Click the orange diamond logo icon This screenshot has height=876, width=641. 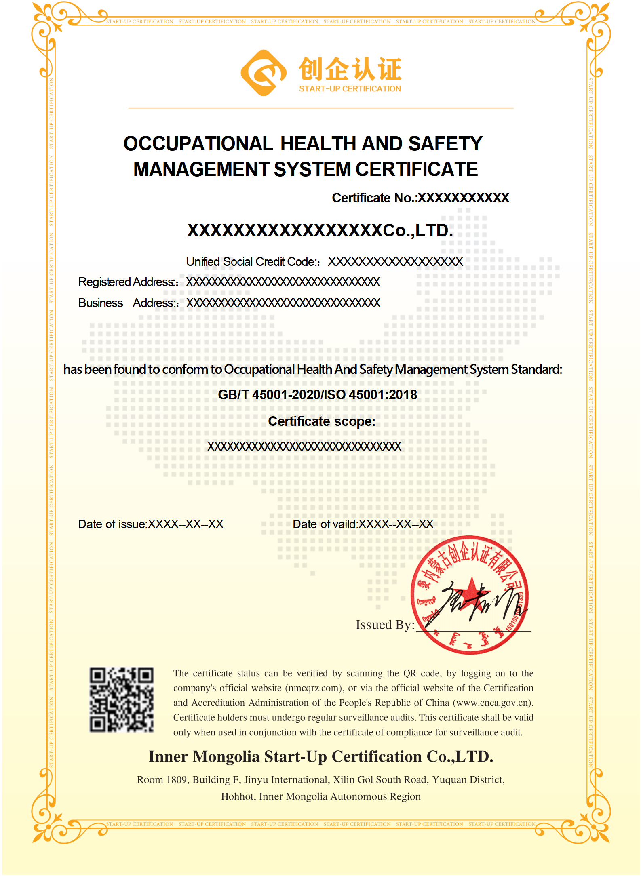click(x=264, y=73)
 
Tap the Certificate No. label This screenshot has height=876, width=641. click(x=373, y=198)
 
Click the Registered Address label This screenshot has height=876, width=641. click(x=127, y=282)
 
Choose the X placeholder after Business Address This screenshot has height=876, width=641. click(x=283, y=303)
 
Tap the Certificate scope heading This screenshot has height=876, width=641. click(x=322, y=421)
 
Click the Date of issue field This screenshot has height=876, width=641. click(x=150, y=524)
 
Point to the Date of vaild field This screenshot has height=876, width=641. click(x=363, y=524)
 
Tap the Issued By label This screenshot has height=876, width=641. click(x=385, y=625)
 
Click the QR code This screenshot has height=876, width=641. click(x=122, y=699)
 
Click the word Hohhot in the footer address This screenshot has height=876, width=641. click(x=238, y=797)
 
